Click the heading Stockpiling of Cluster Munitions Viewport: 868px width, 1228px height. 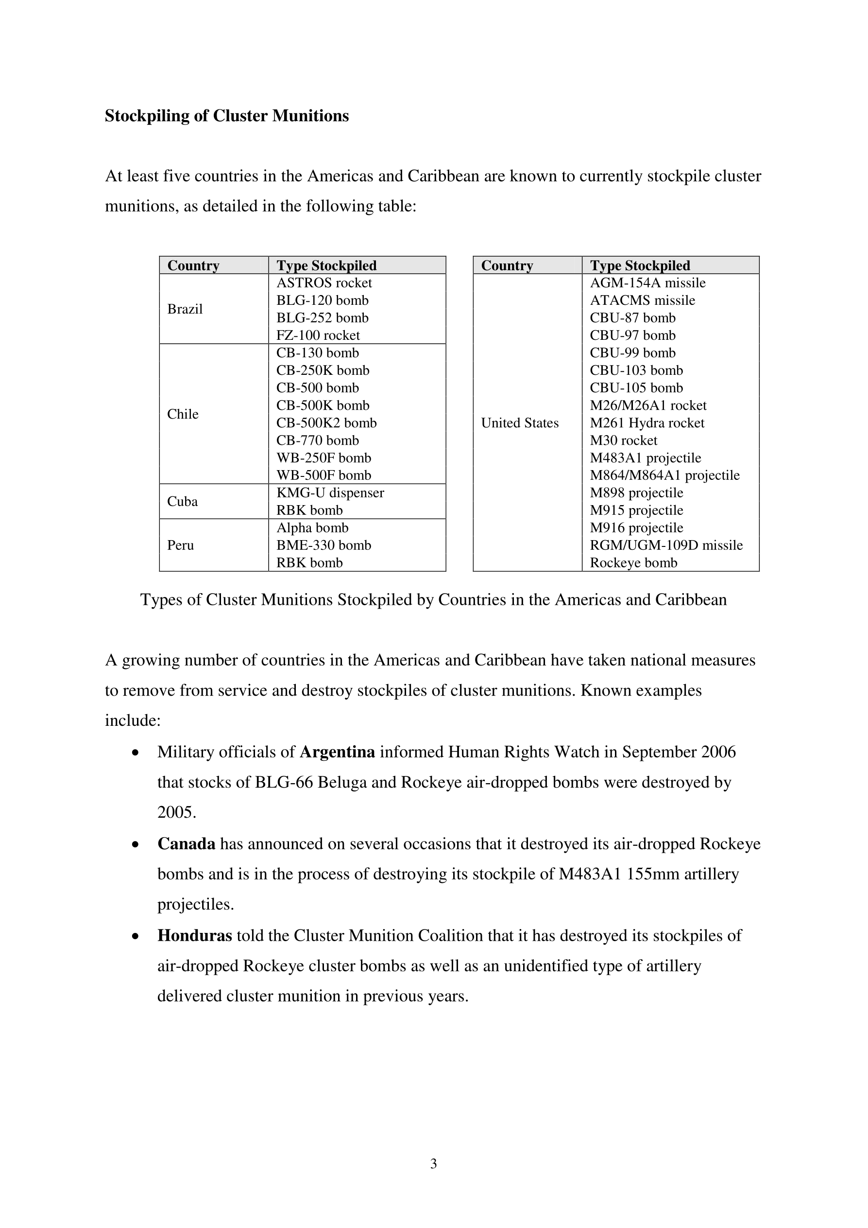(227, 116)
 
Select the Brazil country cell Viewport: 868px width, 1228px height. (185, 309)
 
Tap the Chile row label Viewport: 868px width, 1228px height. (183, 414)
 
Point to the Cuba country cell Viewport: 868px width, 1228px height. (182, 501)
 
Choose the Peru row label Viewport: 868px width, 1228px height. (181, 545)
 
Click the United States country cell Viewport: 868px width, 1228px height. (520, 422)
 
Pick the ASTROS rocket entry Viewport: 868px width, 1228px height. (324, 283)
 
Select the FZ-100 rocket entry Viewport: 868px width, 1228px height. (318, 335)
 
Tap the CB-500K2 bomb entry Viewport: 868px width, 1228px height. (326, 423)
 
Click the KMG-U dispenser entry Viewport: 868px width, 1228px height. (330, 492)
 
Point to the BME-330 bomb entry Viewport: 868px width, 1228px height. (323, 545)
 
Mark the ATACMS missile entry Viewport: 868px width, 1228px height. (642, 300)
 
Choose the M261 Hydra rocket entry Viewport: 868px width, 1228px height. (647, 423)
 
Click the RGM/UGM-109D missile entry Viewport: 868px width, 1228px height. (666, 545)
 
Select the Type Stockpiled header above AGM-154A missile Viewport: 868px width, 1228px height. (640, 265)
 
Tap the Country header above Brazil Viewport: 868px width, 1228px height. (193, 265)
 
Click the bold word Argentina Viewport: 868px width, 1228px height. (337, 752)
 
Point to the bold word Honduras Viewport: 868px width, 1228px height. (195, 935)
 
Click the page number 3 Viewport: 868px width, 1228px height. (433, 1163)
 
